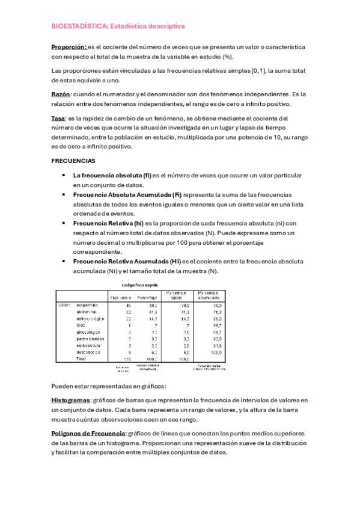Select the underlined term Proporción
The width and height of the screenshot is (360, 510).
[x=69, y=46]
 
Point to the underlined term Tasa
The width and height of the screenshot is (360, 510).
[x=59, y=118]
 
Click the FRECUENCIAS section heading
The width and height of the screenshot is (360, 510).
[x=73, y=162]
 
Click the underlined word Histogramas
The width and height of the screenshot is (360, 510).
[x=70, y=400]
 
